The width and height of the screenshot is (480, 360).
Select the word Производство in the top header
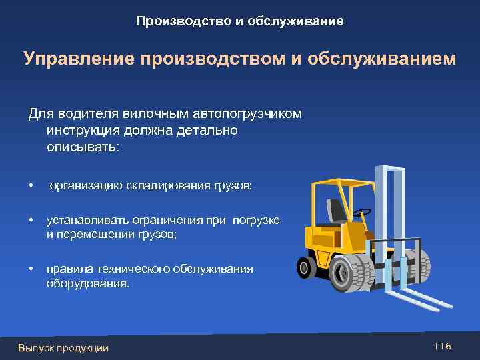point(182,21)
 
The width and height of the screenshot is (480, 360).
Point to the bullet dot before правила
point(30,269)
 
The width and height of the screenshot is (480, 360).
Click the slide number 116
point(442,346)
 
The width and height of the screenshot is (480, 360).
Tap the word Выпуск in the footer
point(35,348)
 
